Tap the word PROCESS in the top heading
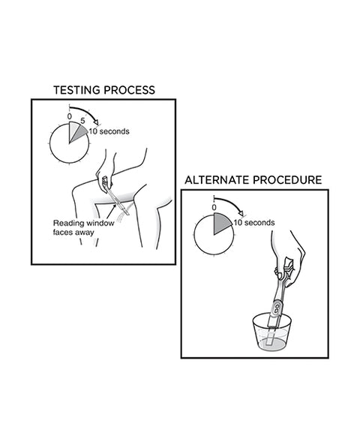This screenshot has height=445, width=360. [x=130, y=90]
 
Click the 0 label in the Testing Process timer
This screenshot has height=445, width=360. [x=69, y=116]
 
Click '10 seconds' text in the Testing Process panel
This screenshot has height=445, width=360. [x=109, y=131]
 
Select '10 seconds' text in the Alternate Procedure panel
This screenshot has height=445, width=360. [x=254, y=223]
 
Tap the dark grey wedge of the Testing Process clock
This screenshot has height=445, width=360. [x=79, y=133]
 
